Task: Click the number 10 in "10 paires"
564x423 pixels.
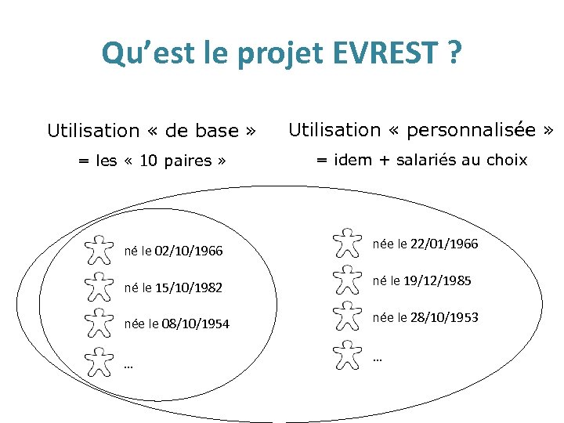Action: point(149,161)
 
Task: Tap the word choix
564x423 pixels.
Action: point(506,161)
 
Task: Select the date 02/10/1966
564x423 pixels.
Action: point(189,251)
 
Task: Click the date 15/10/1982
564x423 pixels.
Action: point(189,287)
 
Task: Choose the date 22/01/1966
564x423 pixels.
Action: point(444,244)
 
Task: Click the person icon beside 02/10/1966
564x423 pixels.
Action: point(98,249)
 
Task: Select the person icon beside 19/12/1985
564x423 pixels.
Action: point(347,280)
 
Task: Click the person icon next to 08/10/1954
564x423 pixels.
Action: point(98,323)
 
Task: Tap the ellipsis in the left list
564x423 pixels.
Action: point(128,364)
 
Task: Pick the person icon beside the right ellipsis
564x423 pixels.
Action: point(347,354)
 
